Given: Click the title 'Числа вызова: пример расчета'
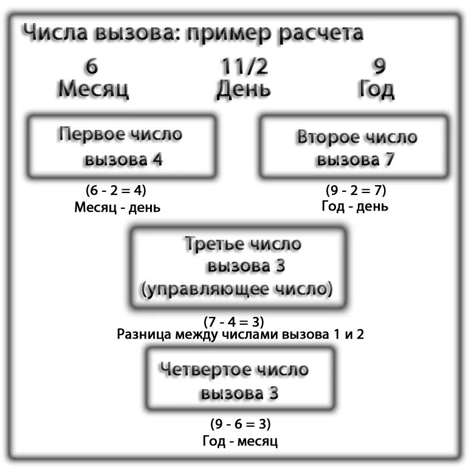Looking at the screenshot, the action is (193, 33).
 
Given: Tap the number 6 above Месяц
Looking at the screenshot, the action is (93, 66).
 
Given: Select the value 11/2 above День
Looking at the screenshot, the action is (243, 66).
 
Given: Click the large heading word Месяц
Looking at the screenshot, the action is (93, 89).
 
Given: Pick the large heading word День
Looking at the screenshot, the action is (243, 89).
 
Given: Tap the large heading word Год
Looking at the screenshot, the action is (377, 89).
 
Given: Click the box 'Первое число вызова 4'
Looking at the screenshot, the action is (121, 146).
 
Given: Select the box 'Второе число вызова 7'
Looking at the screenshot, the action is (356, 148).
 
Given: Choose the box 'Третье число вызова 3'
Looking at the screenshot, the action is (238, 267).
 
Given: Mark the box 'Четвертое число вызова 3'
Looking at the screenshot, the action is (238, 379).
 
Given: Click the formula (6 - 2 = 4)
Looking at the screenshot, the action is (116, 191).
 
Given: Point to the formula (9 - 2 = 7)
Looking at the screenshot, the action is (356, 191).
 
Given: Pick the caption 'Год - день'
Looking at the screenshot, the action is (355, 206).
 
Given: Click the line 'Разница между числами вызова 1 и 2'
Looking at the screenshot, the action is (239, 334).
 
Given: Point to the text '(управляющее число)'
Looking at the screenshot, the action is (237, 290).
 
